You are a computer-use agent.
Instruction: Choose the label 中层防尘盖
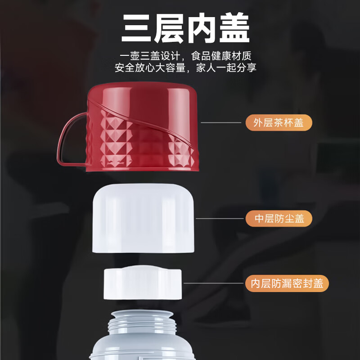pos(279,219)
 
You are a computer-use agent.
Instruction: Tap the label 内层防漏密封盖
pos(287,284)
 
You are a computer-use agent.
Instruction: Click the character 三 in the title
pos(137,29)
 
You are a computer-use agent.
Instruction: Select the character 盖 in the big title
pos(232,29)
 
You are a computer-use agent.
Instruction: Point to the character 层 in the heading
pos(169,29)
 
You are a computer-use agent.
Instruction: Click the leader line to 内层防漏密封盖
pos(213,283)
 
